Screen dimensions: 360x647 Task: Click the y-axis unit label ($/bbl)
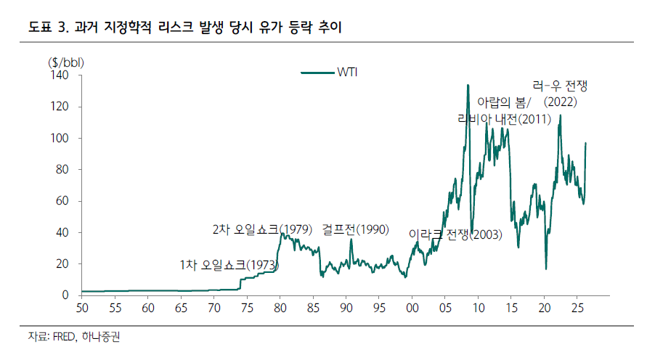65,62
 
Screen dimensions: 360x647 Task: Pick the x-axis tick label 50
82,308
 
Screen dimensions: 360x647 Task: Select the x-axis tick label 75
247,308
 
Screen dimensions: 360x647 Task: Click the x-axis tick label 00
412,308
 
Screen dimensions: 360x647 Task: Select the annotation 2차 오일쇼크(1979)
262,230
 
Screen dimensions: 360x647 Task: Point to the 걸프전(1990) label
356,230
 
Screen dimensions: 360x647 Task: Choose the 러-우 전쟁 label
559,86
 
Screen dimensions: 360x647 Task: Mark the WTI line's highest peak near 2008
468,86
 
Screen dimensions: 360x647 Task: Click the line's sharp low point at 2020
545,269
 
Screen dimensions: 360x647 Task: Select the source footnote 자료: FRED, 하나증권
70,337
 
